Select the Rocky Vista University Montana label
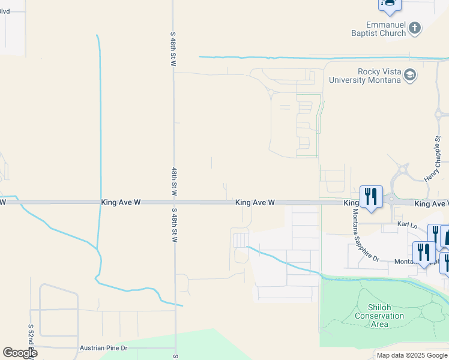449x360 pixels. click(x=364, y=76)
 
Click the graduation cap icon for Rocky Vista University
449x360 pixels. click(x=410, y=75)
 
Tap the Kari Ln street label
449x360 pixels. click(x=407, y=224)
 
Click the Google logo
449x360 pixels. click(x=20, y=353)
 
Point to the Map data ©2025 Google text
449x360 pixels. click(x=411, y=355)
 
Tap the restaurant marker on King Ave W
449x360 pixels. click(x=371, y=197)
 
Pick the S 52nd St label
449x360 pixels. click(x=31, y=338)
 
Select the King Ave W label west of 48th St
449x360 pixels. click(x=121, y=203)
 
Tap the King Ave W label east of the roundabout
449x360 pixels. click(x=431, y=204)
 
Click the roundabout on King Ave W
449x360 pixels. click(x=392, y=199)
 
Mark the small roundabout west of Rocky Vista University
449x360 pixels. click(x=271, y=92)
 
